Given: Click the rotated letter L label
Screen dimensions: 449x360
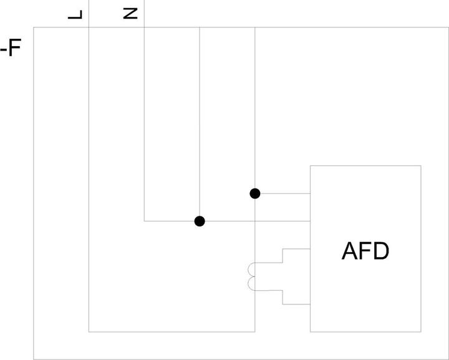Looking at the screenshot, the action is (x=75, y=14).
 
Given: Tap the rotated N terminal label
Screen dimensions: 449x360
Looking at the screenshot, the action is (x=130, y=14).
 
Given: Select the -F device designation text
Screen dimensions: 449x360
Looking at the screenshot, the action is (x=11, y=49).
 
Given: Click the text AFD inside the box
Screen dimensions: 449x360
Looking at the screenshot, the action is (x=365, y=251).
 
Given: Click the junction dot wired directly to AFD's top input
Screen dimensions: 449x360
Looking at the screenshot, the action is (x=255, y=193).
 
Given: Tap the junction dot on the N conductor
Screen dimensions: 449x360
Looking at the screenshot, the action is (x=200, y=221).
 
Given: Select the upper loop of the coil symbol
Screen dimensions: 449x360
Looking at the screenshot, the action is (x=251, y=270).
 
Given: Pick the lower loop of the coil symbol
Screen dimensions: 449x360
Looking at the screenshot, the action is (x=251, y=283).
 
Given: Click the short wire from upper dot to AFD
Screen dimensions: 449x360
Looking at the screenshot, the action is (x=285, y=193).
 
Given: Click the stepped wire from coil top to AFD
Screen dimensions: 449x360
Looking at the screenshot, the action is (x=282, y=256).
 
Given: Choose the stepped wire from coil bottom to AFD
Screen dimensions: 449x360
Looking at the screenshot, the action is (x=282, y=297).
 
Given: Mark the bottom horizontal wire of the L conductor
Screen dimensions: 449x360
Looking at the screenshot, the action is (x=172, y=332).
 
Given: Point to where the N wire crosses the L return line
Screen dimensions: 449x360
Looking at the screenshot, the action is (x=255, y=221).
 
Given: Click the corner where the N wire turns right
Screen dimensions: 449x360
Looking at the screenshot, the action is (x=144, y=221).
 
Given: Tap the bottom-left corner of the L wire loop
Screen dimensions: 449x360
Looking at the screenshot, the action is (x=89, y=332).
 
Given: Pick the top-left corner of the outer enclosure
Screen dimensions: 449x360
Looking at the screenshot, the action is (x=34, y=27).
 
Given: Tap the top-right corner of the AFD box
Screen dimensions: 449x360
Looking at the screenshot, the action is (x=421, y=165).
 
